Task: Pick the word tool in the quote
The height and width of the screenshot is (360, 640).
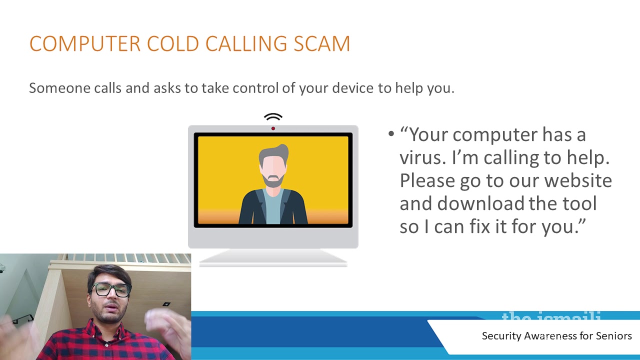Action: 579,203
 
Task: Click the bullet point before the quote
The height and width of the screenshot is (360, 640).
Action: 391,134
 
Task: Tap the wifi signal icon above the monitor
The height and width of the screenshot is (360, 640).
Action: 273,117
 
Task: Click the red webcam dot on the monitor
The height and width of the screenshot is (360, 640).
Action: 273,128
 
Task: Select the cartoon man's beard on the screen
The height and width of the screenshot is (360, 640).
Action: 273,180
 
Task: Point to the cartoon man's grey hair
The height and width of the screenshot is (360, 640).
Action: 274,152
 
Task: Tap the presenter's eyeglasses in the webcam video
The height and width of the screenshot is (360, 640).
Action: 111,290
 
